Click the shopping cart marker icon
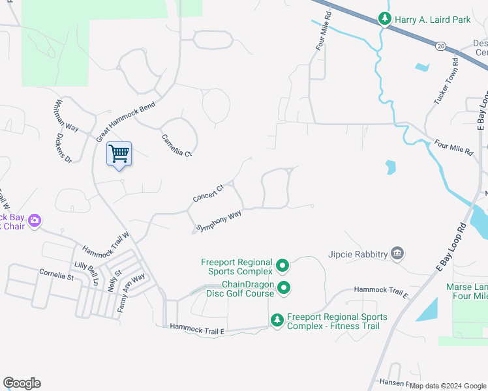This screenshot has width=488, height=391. click(119, 154)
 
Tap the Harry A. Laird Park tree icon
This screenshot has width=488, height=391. click(386, 20)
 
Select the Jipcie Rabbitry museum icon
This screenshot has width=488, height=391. click(397, 253)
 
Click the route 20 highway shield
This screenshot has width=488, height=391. click(441, 46)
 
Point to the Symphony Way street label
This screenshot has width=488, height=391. click(219, 220)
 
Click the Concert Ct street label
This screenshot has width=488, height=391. click(208, 193)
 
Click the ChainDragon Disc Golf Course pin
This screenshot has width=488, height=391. click(284, 287)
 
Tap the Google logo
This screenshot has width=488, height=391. click(22, 383)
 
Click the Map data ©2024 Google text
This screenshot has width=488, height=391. click(448, 386)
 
